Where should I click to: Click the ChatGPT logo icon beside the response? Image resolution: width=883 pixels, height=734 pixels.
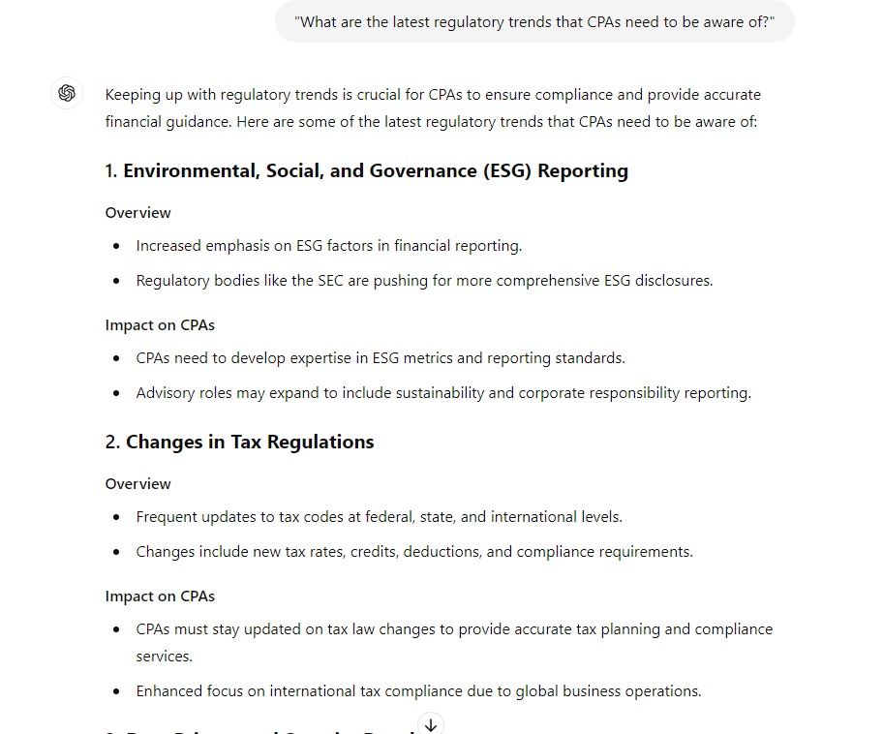point(67,93)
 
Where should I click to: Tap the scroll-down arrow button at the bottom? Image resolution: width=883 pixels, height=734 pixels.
point(431,723)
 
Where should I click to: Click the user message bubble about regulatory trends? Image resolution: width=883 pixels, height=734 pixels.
point(534,21)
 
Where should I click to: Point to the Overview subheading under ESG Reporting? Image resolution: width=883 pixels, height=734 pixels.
point(138,213)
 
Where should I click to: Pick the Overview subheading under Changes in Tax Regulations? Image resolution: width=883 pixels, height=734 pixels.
point(138,484)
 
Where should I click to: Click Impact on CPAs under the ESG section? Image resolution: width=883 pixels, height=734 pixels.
point(160,325)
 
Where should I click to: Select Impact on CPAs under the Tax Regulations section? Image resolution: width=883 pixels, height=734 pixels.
point(160,596)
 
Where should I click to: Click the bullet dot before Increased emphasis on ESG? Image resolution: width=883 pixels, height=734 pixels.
point(117,247)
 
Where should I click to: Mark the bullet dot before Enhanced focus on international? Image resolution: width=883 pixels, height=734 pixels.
point(117,692)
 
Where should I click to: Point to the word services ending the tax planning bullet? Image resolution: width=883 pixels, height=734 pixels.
point(165,657)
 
